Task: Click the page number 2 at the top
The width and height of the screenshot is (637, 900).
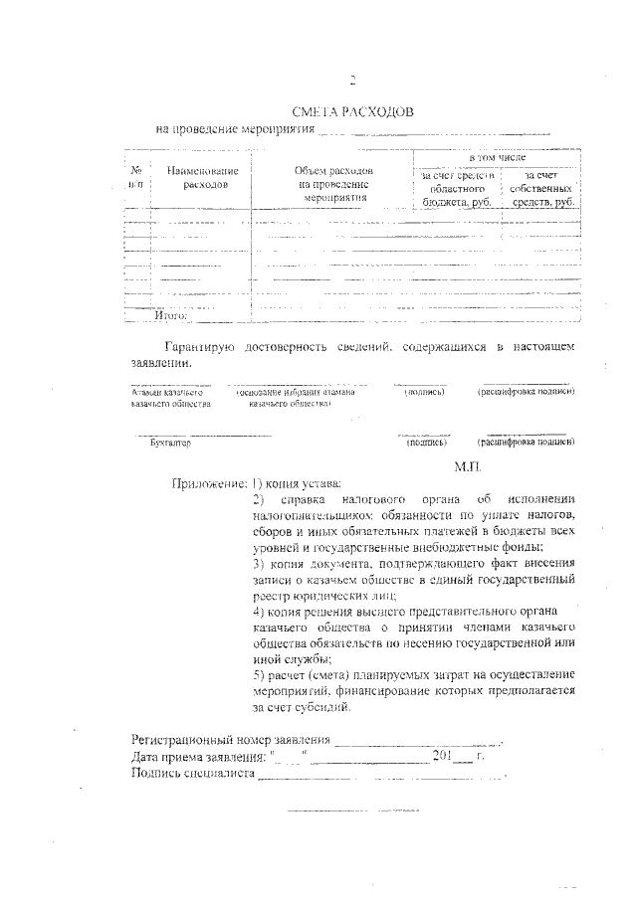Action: tap(352, 82)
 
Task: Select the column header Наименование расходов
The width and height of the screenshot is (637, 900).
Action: tap(202, 178)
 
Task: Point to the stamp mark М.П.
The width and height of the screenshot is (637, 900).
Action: tap(467, 465)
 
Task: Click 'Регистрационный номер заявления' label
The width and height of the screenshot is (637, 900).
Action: tap(230, 741)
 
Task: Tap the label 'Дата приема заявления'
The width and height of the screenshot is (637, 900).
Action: tap(197, 757)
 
